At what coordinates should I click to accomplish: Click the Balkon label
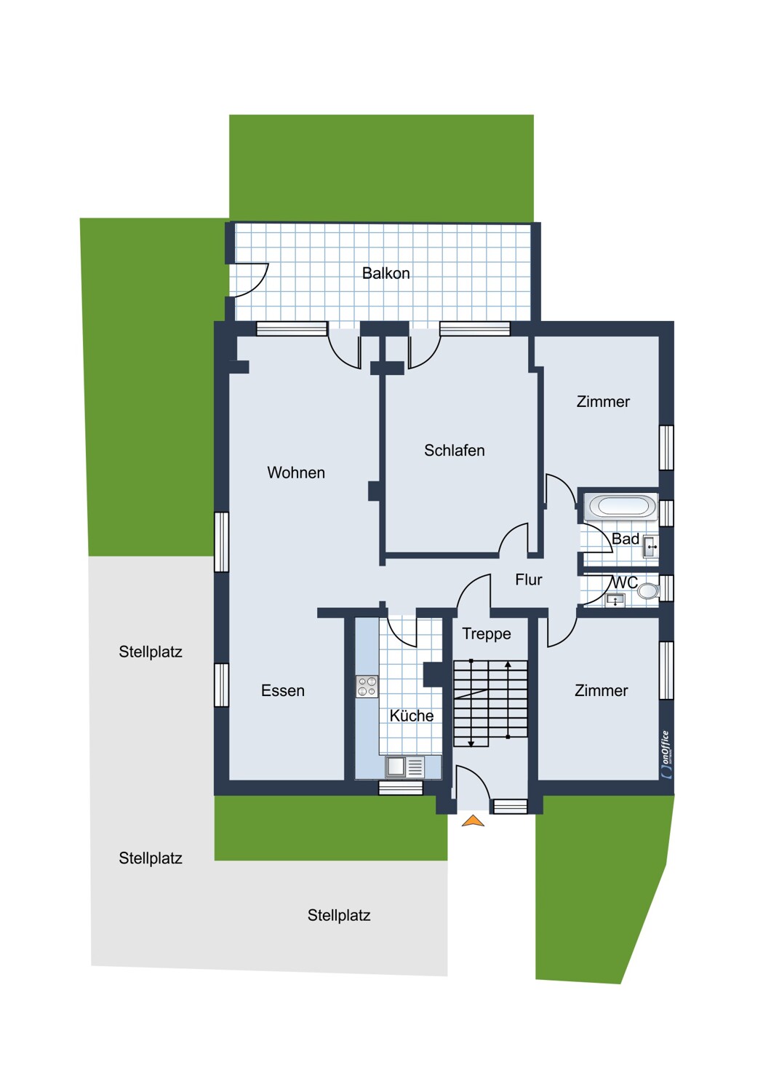(385, 273)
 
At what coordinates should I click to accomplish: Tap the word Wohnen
(295, 472)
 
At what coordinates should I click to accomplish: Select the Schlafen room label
(454, 451)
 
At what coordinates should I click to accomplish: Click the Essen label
(282, 690)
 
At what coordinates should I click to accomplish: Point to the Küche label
(411, 716)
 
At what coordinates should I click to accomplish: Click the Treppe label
(486, 633)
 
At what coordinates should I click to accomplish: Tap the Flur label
(528, 579)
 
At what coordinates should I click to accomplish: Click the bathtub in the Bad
(621, 507)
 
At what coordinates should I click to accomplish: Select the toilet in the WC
(647, 591)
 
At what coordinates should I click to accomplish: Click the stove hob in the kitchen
(367, 687)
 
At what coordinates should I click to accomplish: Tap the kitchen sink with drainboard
(405, 767)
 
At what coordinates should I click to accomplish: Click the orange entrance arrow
(473, 821)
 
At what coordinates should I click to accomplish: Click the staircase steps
(490, 703)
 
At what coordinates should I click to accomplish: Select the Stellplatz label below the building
(338, 915)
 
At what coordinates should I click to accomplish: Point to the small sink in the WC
(615, 600)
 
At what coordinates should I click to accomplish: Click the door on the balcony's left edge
(249, 280)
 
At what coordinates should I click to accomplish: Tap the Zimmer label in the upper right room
(602, 401)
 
